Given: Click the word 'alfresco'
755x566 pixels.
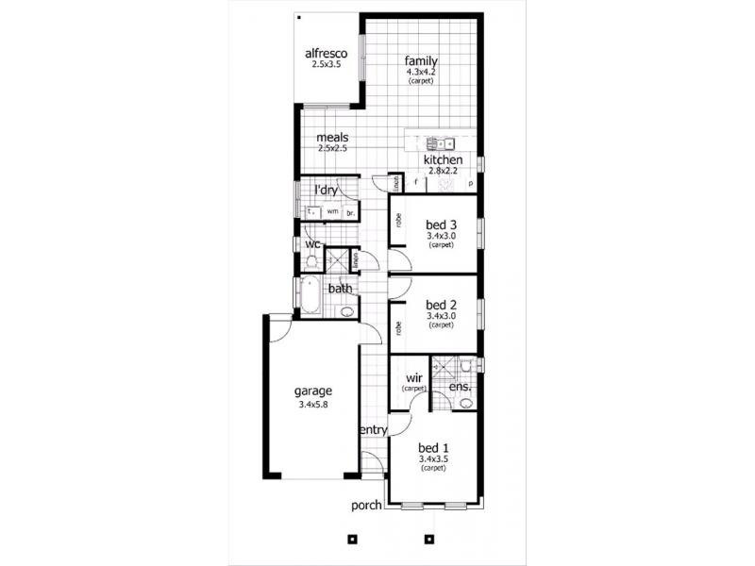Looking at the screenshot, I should tap(327, 54).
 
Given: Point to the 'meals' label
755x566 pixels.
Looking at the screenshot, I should tap(332, 138).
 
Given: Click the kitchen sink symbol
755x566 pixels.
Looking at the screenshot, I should tap(441, 144).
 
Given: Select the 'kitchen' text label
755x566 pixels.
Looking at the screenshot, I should tap(443, 160).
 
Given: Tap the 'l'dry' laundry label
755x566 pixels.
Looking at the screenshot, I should tap(326, 191).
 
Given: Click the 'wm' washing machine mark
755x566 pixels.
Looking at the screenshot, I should tap(332, 211).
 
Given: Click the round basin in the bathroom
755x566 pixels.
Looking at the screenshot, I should tap(346, 310).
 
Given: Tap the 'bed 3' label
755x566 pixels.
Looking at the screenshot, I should tap(441, 225).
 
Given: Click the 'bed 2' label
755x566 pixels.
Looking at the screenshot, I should tap(441, 305).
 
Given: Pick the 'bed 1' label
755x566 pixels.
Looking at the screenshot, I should tap(433, 447).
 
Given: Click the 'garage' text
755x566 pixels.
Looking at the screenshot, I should tap(311, 391).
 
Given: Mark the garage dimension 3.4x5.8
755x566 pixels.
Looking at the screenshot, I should tap(311, 405).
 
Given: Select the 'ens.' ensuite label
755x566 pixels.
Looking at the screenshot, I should tap(460, 387).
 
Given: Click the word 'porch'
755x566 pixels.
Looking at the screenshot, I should tap(366, 505).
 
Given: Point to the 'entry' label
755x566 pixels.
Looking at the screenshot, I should tap(374, 430).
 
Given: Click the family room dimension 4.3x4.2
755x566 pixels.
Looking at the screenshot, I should tap(421, 72).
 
